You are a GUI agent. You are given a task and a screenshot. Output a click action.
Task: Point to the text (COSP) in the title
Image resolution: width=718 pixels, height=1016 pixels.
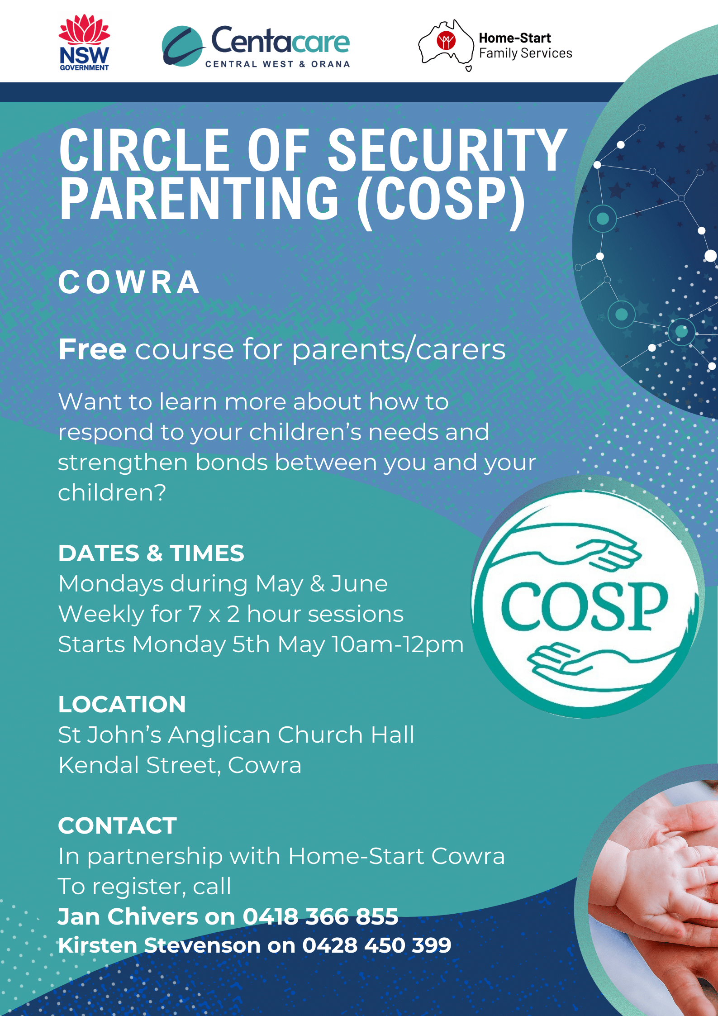click(x=441, y=199)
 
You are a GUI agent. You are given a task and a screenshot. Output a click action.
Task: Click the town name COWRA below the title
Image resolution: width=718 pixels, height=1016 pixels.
click(x=129, y=282)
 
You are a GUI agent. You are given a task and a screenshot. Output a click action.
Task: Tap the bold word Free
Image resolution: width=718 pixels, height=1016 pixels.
click(x=92, y=349)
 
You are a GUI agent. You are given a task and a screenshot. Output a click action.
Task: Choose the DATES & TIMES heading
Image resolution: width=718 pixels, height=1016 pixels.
click(x=151, y=553)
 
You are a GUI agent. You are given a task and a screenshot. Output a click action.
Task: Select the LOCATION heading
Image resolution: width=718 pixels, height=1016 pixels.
click(x=122, y=704)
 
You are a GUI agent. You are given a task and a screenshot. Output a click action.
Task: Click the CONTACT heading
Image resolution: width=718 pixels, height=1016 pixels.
click(x=118, y=825)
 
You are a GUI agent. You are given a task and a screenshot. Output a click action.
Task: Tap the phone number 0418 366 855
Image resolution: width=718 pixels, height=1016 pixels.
click(x=320, y=916)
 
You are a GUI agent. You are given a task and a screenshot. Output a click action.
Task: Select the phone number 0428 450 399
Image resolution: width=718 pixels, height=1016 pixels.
click(x=377, y=945)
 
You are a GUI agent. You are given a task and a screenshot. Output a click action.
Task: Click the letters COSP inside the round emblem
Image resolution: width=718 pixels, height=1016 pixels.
click(x=585, y=606)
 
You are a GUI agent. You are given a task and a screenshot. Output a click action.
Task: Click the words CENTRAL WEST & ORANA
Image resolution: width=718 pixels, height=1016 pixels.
click(x=278, y=64)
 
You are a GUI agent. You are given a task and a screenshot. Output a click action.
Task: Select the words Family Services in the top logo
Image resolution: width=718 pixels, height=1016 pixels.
click(x=526, y=53)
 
